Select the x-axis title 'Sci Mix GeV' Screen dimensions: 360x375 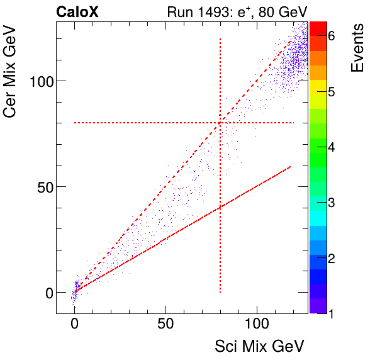pos(260,346)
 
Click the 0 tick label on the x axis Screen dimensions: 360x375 pos(74,325)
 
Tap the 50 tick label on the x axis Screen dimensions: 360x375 pos(165,325)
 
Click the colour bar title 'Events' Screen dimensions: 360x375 pos(357,48)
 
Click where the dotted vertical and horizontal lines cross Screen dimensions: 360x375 pos(220,123)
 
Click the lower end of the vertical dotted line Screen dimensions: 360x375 pos(220,292)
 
